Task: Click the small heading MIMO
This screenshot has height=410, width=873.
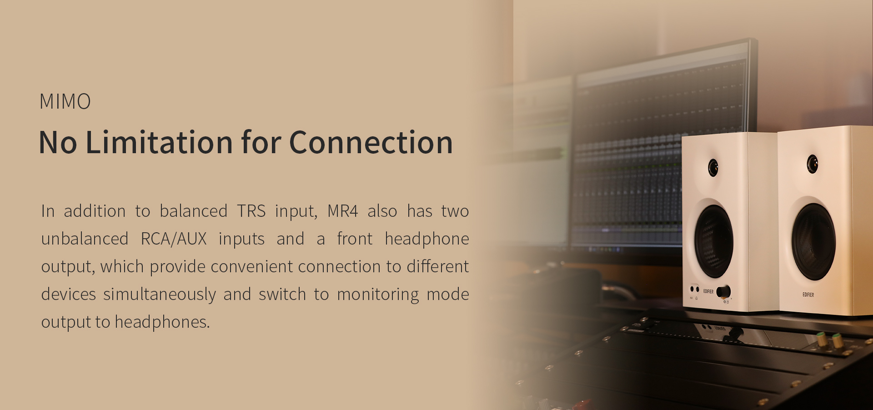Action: (x=65, y=101)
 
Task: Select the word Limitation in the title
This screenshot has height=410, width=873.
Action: (x=160, y=142)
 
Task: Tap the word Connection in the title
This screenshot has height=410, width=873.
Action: (x=371, y=142)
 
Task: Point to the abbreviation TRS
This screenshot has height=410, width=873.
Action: (x=251, y=211)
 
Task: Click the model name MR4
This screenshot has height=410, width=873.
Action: (x=343, y=211)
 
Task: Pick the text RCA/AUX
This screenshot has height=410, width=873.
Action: (x=174, y=239)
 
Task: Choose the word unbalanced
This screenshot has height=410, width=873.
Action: (x=85, y=239)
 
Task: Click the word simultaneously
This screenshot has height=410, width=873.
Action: (x=160, y=295)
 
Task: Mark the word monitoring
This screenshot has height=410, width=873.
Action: (x=378, y=295)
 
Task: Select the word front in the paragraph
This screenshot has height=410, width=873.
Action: (x=355, y=239)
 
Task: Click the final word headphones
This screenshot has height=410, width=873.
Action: (x=162, y=322)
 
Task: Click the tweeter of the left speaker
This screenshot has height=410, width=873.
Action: (x=713, y=168)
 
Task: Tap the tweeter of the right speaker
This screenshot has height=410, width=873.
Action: (x=813, y=164)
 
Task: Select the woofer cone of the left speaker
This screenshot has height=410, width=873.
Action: (x=713, y=241)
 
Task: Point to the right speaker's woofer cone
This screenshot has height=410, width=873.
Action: (x=813, y=242)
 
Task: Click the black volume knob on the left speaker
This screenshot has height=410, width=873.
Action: (x=723, y=291)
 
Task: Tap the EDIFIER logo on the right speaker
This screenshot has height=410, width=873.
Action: (x=808, y=295)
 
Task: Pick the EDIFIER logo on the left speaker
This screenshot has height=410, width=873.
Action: (x=708, y=291)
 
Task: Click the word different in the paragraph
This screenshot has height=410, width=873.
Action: (x=438, y=266)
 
